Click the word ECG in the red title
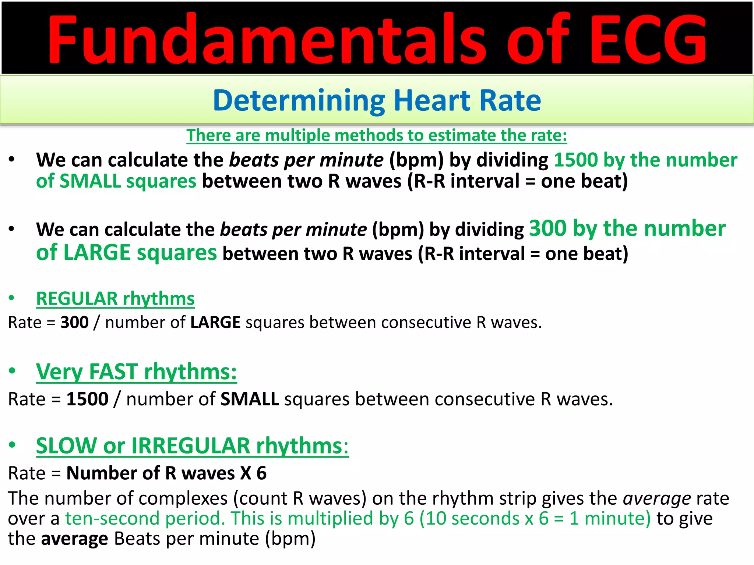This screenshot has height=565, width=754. pos(649,40)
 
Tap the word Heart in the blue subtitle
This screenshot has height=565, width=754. pos(432,100)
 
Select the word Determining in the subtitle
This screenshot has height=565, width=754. pos(299,100)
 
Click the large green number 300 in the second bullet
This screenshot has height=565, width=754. pos(547,228)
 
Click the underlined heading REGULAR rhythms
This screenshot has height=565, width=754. pos(115,298)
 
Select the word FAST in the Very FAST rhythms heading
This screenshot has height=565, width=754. pos(113,372)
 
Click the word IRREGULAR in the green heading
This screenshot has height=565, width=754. pos(190,446)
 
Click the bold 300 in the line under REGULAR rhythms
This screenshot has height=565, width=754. pos(74,323)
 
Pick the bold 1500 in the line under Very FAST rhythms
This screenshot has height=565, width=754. pos(87,399)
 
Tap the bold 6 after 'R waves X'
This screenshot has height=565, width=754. pos(261,473)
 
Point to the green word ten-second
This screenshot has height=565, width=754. pos(114,519)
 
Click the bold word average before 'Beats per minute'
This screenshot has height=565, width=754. pos(74,539)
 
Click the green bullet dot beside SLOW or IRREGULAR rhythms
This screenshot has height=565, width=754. pos(12,445)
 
